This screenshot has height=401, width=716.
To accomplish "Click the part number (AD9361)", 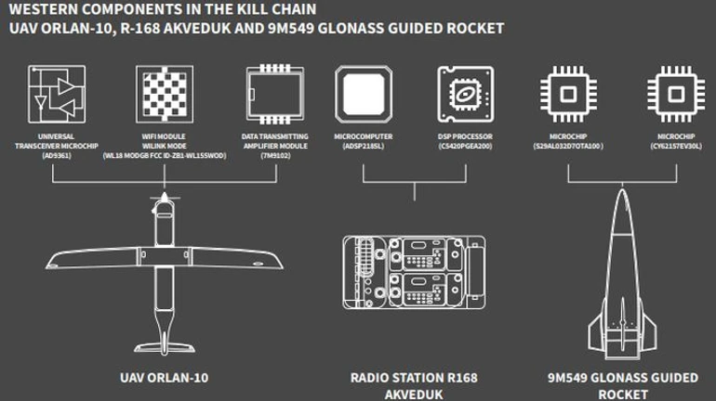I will click(x=57, y=155).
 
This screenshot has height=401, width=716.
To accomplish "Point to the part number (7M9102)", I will click(x=274, y=155).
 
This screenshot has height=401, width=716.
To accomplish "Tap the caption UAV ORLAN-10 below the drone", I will click(x=165, y=378).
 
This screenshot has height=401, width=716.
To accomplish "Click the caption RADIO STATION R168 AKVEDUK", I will click(x=414, y=385).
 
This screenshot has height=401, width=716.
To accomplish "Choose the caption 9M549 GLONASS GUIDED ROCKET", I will click(x=622, y=385).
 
